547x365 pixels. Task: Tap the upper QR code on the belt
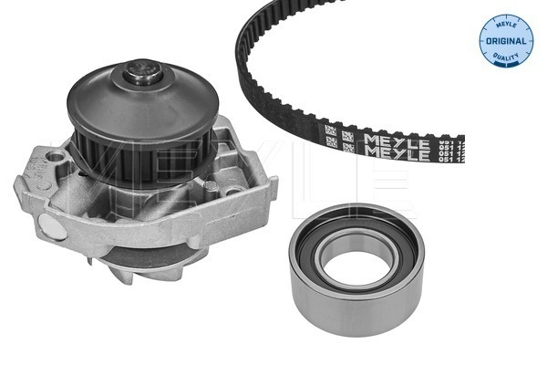point(329,130)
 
